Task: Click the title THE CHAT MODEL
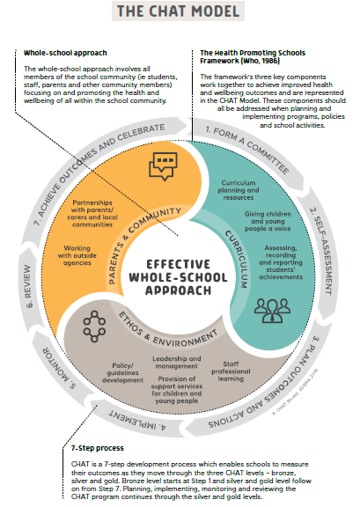coord(178,11)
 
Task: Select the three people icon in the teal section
coord(272,310)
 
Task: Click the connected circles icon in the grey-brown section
coord(94,327)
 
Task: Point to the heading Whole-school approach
coord(65,53)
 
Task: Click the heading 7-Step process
coord(98,448)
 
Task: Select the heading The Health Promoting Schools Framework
coord(253,56)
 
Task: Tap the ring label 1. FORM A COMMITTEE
coord(247,150)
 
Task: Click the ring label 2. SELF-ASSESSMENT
coord(321,251)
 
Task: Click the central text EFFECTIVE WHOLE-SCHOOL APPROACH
coord(178,277)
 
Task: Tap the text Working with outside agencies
coord(77,255)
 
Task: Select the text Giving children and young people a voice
coord(268,221)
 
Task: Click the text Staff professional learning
coord(231,371)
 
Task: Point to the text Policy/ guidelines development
coord(122,373)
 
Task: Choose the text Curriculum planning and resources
coord(239,190)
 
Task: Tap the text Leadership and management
coord(177,363)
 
